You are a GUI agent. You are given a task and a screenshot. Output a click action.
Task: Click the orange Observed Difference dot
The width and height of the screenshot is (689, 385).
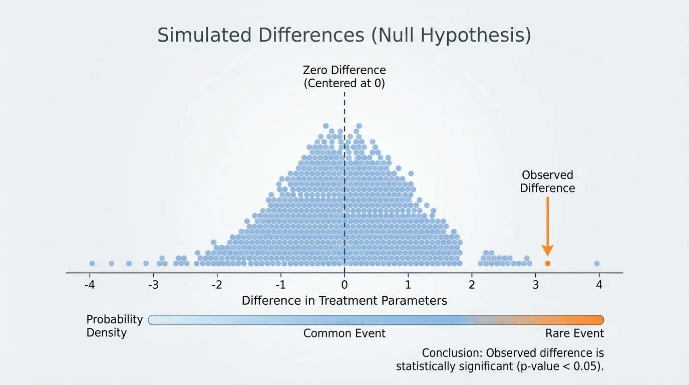click(547, 263)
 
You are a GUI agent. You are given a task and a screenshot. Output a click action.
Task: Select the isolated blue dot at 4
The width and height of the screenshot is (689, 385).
click(596, 263)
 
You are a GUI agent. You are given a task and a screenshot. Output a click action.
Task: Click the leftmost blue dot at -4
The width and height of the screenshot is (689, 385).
click(92, 263)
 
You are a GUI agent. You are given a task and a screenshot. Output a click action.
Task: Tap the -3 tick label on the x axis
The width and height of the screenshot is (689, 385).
click(153, 285)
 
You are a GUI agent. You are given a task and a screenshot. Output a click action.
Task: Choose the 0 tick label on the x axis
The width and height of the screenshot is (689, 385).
click(344, 285)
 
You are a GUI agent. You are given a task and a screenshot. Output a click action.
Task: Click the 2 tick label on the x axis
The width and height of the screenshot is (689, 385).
click(472, 285)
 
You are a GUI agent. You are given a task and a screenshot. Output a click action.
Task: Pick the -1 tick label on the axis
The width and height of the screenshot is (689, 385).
click(280, 285)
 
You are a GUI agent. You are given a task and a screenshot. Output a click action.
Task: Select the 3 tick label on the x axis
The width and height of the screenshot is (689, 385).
click(535, 285)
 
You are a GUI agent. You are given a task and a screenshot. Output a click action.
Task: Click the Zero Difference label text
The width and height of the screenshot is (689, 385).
click(344, 70)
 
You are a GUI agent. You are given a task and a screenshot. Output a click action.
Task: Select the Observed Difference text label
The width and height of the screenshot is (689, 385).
click(547, 181)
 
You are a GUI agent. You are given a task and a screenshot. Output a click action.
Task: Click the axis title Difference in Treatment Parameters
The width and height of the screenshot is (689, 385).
click(344, 301)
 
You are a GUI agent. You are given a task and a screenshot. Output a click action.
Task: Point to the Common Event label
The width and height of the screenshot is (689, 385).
click(344, 333)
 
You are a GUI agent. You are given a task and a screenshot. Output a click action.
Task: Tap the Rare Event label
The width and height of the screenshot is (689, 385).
click(574, 333)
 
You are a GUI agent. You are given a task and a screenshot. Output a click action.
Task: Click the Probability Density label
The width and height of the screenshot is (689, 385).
click(115, 326)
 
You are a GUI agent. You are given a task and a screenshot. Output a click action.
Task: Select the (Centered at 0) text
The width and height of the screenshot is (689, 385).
click(344, 83)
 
